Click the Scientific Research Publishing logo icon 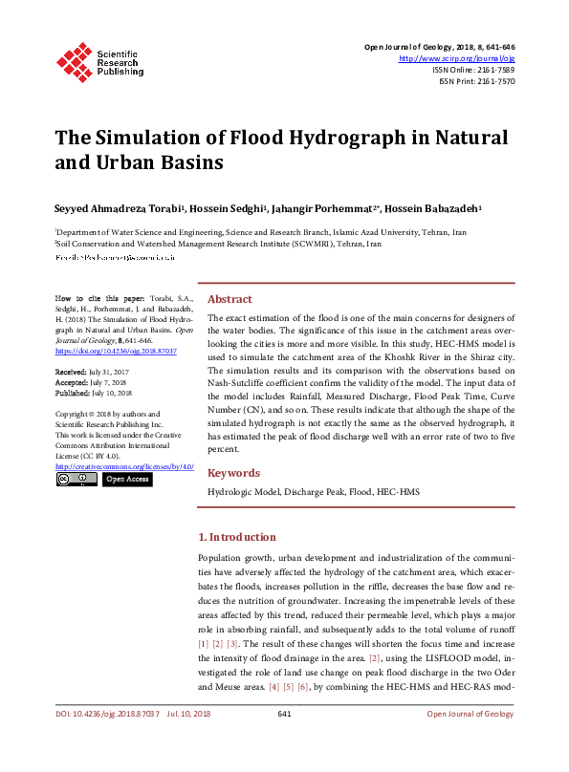tap(73, 60)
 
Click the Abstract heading tap(230, 299)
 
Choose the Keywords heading tap(234, 473)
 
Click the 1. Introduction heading tap(236, 537)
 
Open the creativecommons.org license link tap(124, 466)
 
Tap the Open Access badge tap(126, 479)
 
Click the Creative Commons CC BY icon tap(77, 479)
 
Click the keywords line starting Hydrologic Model tap(314, 491)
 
